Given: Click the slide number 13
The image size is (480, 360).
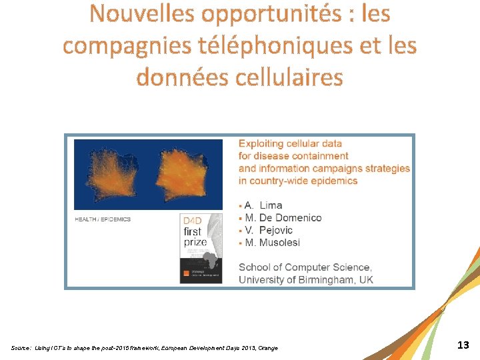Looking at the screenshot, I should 463,345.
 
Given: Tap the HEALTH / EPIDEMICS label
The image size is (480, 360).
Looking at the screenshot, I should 103,219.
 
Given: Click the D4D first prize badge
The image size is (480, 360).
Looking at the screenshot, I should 201,248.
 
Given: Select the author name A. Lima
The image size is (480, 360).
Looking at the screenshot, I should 263,205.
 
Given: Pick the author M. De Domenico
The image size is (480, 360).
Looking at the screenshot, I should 283,218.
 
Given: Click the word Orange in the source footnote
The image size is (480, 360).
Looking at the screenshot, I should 268,349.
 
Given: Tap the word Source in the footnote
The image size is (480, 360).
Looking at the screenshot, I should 21,349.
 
